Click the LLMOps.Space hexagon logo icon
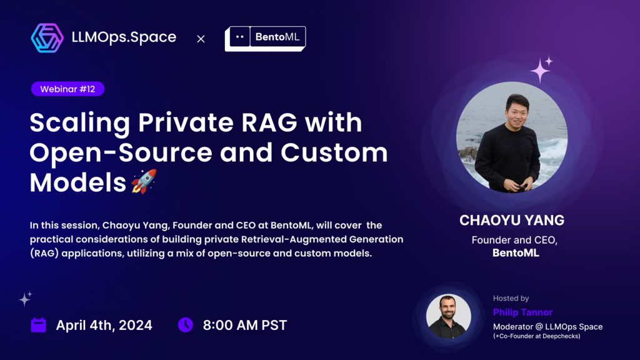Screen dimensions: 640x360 point(47,38)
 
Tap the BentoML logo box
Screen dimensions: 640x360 point(265,38)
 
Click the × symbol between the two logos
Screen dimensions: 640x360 point(201,39)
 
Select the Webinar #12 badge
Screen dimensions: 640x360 point(67,89)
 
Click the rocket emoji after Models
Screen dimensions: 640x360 point(144,181)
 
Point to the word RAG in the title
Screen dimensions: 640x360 point(269,122)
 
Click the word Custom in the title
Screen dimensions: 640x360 point(334,152)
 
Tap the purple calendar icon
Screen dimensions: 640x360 point(38,325)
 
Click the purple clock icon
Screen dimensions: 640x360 point(185,325)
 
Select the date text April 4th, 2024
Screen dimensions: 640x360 point(104,325)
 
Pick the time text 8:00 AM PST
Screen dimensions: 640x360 point(245,325)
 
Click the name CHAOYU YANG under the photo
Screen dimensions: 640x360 point(512,221)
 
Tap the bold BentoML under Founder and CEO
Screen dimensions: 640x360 point(516,253)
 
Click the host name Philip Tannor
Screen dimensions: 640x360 point(522,312)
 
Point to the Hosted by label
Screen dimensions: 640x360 point(511,298)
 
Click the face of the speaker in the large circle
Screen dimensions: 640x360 point(517,111)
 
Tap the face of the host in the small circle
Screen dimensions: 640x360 point(447,309)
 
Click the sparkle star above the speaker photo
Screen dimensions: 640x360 point(541,69)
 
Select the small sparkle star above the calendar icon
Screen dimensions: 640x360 point(25,299)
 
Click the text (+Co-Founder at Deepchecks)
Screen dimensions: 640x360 point(536,336)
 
